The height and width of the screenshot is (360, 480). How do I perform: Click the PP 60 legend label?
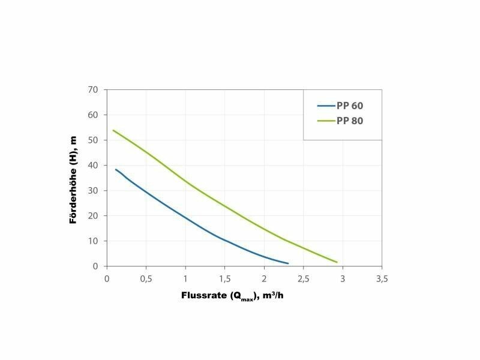click(350, 106)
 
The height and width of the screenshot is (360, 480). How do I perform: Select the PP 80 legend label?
click(350, 121)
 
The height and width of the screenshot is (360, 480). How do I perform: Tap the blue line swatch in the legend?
click(325, 106)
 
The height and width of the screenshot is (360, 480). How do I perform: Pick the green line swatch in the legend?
click(325, 121)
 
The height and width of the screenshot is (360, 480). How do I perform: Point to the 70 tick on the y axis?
click(92, 89)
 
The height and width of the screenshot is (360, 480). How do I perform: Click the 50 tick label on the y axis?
click(92, 140)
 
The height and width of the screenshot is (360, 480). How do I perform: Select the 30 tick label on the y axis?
click(92, 190)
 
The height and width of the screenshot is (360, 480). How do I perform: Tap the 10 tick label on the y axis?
click(92, 241)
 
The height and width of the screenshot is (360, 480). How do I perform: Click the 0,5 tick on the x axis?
click(146, 278)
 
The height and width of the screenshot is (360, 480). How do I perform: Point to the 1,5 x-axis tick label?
click(224, 278)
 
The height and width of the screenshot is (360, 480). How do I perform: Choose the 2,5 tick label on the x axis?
click(303, 278)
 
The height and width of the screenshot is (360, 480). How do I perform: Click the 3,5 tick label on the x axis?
click(382, 278)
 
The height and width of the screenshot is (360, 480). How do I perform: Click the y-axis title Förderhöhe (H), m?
click(73, 179)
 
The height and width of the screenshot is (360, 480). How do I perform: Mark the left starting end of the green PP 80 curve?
click(113, 130)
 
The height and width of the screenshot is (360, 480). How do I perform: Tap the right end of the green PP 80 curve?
click(337, 262)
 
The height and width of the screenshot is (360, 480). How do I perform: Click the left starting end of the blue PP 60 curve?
click(116, 169)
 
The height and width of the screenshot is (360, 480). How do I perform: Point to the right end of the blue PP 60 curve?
click(288, 263)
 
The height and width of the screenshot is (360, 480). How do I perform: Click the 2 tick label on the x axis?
click(264, 278)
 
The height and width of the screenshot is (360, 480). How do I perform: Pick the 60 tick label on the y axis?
click(92, 115)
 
